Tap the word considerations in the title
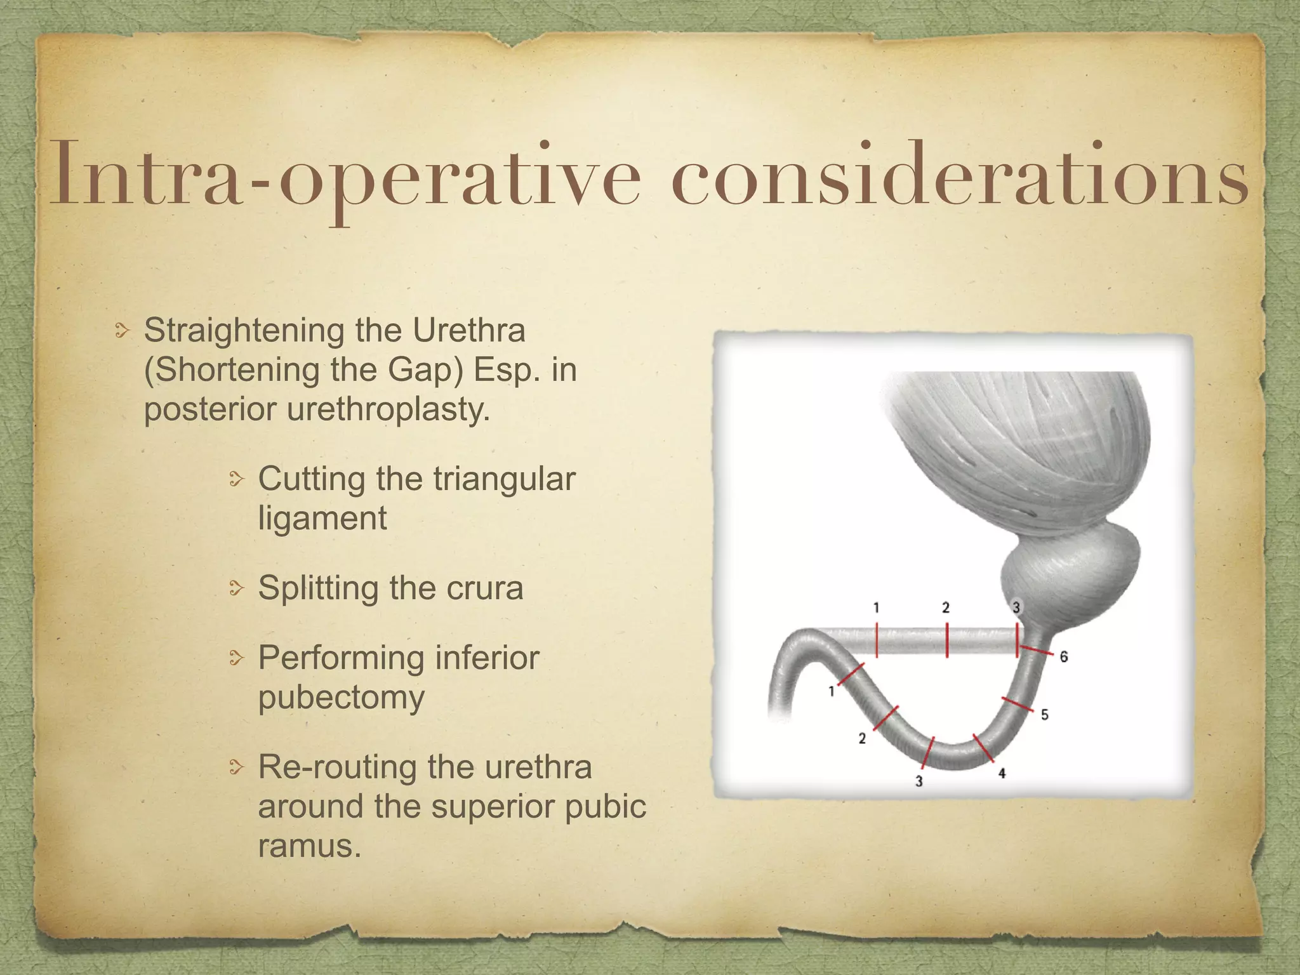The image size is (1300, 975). (960, 175)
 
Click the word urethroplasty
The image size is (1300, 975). (388, 409)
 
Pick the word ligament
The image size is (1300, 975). (322, 519)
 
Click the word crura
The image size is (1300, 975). (484, 588)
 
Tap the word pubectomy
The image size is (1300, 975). (341, 698)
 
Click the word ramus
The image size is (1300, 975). (308, 846)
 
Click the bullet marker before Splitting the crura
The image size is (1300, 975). (236, 590)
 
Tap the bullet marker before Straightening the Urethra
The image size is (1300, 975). (122, 331)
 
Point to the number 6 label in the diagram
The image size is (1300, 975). (1064, 657)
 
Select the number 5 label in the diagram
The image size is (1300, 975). (1044, 715)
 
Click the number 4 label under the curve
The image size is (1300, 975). (1002, 773)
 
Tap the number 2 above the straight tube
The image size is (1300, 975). (946, 608)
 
